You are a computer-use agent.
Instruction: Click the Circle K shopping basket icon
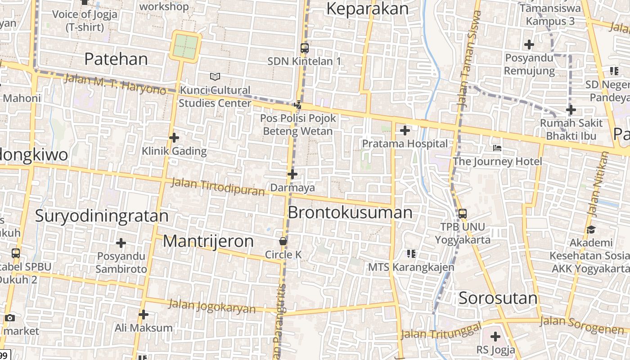pos(283,242)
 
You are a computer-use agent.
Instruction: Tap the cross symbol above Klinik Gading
pos(174,138)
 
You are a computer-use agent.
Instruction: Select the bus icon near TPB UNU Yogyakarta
pos(462,213)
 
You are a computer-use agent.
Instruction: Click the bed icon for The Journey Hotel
pos(497,148)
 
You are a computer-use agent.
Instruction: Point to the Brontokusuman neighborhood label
pos(350,212)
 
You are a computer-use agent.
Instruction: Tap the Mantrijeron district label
pos(208,241)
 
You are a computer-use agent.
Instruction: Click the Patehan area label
pos(116,59)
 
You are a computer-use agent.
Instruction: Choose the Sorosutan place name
pos(498,298)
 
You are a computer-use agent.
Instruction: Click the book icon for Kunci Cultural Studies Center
pos(215,77)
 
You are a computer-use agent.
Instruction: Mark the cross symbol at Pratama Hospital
pos(405,130)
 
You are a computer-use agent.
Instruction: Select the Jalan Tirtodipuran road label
pos(218,187)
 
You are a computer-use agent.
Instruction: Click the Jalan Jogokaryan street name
pos(212,306)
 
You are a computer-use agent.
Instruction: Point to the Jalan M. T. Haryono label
pos(115,84)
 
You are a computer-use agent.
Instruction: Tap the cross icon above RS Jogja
pos(495,336)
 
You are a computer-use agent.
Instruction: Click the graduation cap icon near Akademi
pos(591,229)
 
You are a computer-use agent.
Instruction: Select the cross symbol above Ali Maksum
pos(144,314)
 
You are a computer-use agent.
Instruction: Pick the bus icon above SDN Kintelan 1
pos(305,48)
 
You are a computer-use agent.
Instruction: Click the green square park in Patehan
pos(185,46)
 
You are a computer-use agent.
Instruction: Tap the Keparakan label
pos(368,9)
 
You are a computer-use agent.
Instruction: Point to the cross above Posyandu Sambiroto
pos(121,243)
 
